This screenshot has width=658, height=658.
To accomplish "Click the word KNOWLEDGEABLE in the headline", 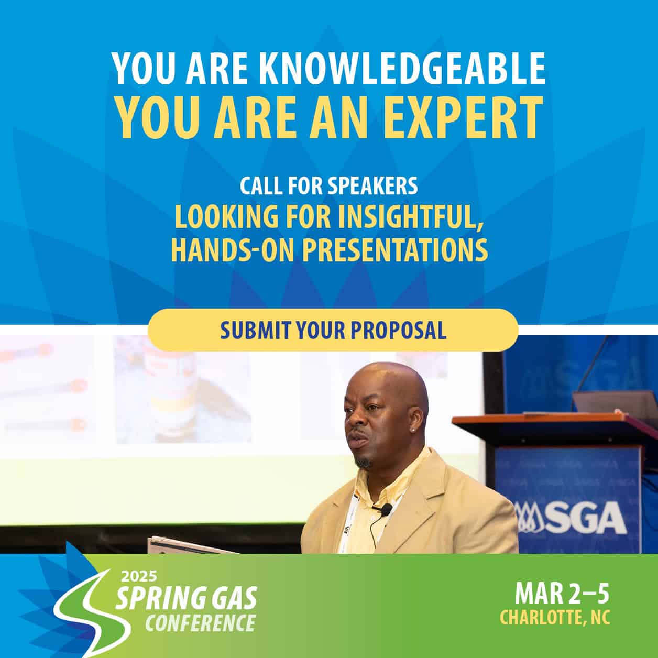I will [402, 69].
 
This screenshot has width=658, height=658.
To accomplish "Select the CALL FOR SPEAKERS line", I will [328, 185].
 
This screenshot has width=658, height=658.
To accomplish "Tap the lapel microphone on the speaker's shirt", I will [387, 508].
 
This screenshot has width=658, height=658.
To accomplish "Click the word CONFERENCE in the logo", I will [201, 623].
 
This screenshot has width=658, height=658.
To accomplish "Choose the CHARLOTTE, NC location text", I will [555, 617].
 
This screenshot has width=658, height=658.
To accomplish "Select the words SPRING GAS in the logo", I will [186, 598].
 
